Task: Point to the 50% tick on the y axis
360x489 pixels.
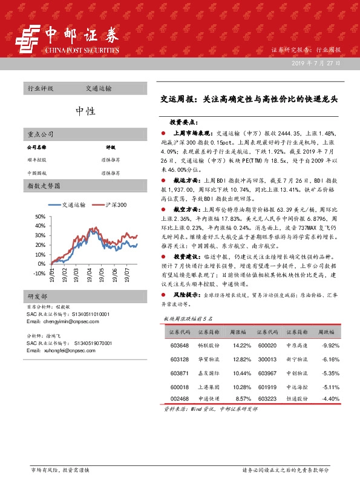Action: (41, 217)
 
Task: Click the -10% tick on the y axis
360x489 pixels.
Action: (39, 273)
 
